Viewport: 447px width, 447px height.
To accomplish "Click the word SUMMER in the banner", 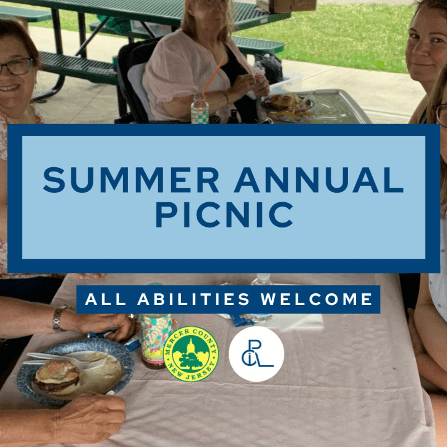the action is click(x=131, y=180).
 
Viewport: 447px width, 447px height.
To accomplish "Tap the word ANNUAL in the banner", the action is click(x=318, y=180).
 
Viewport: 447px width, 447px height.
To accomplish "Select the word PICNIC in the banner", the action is click(x=225, y=215).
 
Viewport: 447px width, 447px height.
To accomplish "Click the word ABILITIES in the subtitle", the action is click(x=193, y=299).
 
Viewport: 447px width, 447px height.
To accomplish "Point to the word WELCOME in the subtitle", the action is click(x=317, y=299).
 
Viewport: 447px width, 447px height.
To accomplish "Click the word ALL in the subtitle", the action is click(x=106, y=299).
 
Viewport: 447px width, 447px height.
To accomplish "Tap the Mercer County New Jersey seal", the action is click(x=191, y=354).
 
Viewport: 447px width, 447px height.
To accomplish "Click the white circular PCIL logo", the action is click(x=256, y=354).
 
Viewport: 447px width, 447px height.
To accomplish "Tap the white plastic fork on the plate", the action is click(x=65, y=359).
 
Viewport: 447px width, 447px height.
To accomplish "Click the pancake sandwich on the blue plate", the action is click(x=58, y=378).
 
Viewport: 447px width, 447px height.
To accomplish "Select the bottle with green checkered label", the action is click(x=199, y=108).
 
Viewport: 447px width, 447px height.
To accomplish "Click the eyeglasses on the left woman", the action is click(x=16, y=66).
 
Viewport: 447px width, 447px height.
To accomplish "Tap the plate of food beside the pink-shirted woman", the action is click(x=287, y=106).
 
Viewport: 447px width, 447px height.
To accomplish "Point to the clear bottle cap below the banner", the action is click(x=261, y=278).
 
